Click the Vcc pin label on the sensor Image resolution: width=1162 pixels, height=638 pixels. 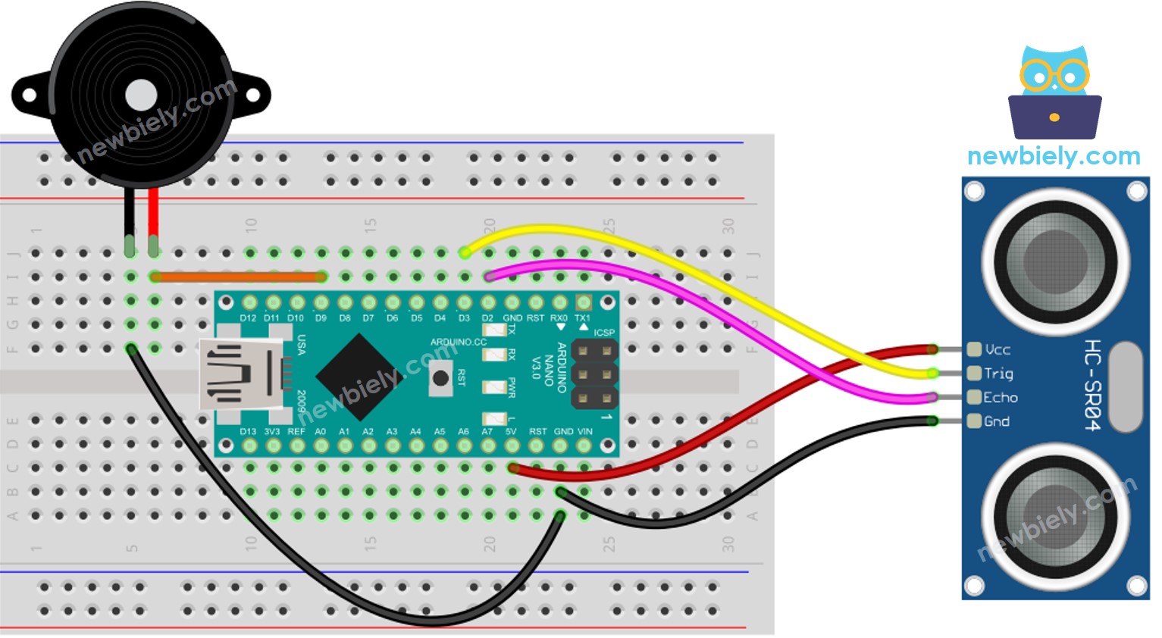[998, 349]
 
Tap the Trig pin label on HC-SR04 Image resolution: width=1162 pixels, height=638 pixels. [998, 374]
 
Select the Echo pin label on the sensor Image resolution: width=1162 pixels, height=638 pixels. [1001, 397]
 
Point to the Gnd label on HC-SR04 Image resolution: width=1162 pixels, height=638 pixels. [997, 421]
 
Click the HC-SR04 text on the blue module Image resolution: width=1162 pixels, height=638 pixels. [1092, 386]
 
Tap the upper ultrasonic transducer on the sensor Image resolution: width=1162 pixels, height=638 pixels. [1055, 261]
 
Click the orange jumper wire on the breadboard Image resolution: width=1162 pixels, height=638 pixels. [239, 277]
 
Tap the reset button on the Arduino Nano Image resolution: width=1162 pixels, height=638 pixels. [440, 377]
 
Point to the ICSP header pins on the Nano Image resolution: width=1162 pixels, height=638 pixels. [594, 374]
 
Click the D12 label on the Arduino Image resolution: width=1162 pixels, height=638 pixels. [248, 318]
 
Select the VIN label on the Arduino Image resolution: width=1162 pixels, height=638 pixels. [584, 431]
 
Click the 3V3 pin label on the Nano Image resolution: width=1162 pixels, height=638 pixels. [271, 431]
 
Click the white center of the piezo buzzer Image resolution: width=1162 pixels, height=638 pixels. [141, 95]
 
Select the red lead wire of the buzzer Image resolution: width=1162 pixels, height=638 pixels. [154, 216]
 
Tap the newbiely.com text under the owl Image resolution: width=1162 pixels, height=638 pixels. [1054, 156]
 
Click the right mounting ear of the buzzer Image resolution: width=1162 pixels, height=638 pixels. [252, 95]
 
